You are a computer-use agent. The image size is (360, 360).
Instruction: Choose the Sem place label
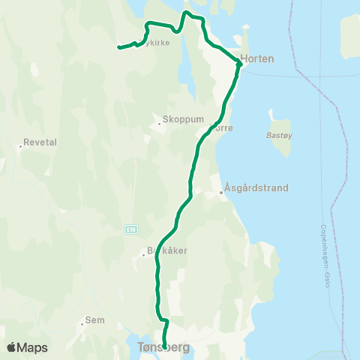tap(95, 320)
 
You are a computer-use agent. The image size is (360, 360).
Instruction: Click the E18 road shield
tap(131, 227)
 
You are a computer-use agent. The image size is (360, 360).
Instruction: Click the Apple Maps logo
tap(27, 347)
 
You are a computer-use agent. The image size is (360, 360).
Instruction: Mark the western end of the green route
tap(118, 49)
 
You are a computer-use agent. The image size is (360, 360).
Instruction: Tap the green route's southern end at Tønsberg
tap(165, 347)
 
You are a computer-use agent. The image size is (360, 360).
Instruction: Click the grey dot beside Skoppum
tap(160, 123)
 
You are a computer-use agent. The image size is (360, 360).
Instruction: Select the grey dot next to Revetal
tap(20, 146)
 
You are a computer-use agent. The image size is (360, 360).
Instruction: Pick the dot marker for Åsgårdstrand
tap(221, 193)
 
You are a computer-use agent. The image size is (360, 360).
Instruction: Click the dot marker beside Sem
tap(82, 325)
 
